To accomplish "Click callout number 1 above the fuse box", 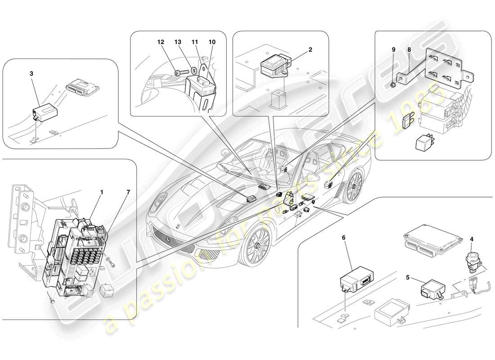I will point(102,192).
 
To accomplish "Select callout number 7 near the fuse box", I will point(128,192).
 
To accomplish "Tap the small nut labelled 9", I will point(393,84).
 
